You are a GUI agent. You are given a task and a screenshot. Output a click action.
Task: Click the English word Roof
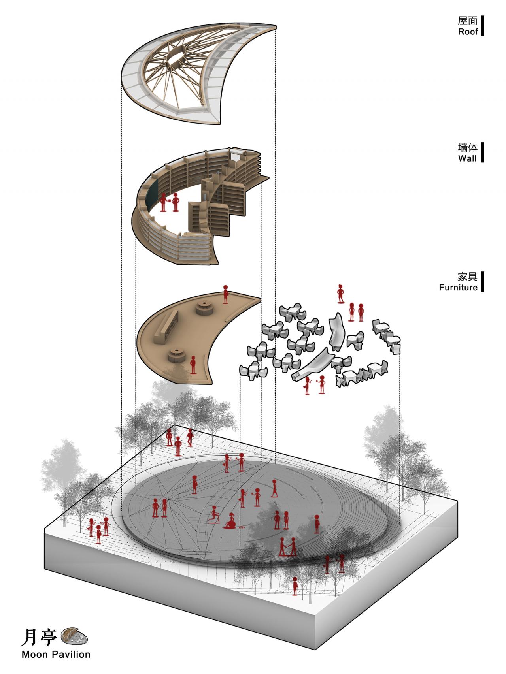tap(468, 32)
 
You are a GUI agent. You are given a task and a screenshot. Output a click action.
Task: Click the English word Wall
tap(467, 158)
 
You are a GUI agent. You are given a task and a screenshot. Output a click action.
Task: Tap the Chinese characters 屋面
tap(468, 21)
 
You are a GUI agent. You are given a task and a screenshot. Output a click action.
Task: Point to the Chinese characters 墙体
tap(468, 148)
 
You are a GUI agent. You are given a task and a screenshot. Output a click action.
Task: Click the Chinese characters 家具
tap(468, 277)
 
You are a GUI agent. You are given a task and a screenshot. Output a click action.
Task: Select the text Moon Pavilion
tap(56, 655)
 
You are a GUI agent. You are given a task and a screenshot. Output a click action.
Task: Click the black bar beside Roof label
tap(482, 26)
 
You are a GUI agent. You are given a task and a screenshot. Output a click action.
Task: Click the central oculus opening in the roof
tap(176, 56)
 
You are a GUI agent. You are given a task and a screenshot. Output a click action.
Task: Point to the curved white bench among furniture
tap(337, 332)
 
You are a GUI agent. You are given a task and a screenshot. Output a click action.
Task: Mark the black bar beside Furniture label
tap(482, 281)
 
